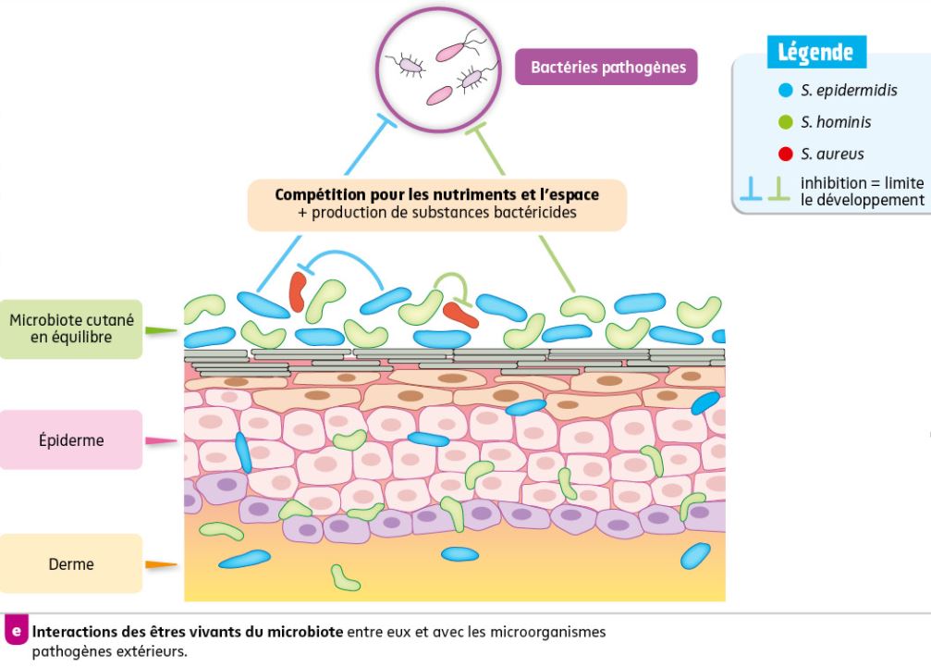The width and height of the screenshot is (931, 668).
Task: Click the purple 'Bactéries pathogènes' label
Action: pyautogui.click(x=606, y=67)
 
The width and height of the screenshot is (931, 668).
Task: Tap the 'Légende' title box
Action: pyautogui.click(x=815, y=52)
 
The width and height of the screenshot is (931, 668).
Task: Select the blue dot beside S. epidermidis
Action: pyautogui.click(x=786, y=91)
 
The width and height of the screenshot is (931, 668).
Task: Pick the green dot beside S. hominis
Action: pyautogui.click(x=786, y=122)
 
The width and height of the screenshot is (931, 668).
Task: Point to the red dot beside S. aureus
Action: pyautogui.click(x=786, y=154)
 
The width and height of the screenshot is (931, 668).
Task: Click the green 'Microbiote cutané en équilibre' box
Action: pyautogui.click(x=71, y=328)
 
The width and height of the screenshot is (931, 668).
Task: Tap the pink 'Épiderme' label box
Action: pyautogui.click(x=71, y=440)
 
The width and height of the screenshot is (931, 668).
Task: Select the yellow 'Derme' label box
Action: pyautogui.click(x=71, y=563)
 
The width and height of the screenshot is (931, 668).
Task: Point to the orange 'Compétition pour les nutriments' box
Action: pyautogui.click(x=436, y=204)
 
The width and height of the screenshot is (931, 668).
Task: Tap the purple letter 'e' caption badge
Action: pyautogui.click(x=16, y=632)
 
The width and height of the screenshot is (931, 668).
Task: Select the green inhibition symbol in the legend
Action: pyautogui.click(x=779, y=190)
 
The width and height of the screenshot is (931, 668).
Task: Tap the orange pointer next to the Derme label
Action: pyautogui.click(x=161, y=563)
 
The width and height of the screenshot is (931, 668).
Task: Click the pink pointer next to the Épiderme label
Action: pyautogui.click(x=161, y=441)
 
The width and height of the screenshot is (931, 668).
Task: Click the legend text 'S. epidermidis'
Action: pyautogui.click(x=849, y=91)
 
